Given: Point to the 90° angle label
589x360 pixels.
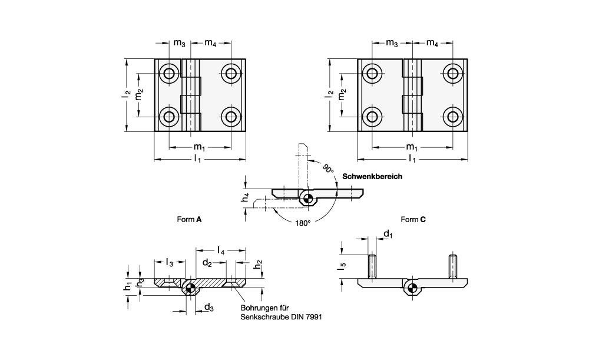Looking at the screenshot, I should (x=327, y=168).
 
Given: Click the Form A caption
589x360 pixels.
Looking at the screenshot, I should (x=190, y=219).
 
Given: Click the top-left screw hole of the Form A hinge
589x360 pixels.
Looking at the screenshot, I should (x=170, y=74).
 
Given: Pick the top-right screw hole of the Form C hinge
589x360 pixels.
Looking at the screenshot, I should (x=452, y=74).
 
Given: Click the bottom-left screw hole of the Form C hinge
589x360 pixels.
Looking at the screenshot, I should (x=372, y=115).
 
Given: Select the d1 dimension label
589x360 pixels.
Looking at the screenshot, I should (x=388, y=235).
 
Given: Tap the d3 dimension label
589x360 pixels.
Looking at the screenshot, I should (x=209, y=306).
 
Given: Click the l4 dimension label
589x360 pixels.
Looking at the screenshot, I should (x=220, y=251).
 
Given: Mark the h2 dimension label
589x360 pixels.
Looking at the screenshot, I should (x=259, y=266).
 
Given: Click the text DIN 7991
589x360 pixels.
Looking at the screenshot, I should (x=306, y=317).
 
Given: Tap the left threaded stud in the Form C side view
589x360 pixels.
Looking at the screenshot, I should (x=372, y=266).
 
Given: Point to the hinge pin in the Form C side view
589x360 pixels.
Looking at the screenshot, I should (x=413, y=288).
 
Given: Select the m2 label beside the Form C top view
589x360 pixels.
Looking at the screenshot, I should (x=343, y=94).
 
